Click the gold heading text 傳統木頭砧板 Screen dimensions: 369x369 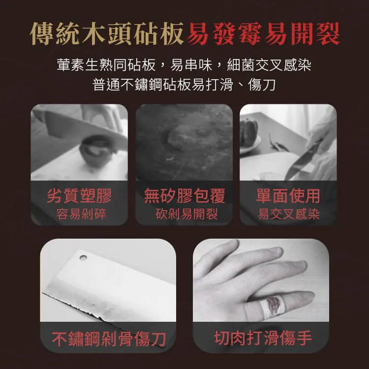point(107,33)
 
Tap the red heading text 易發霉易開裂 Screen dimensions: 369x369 point(263,33)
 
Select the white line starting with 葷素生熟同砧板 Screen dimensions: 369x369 point(184,65)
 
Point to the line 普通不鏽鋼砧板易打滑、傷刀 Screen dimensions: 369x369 point(184,85)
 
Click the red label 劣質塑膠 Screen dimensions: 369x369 point(79,196)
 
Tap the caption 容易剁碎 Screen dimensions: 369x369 point(81,214)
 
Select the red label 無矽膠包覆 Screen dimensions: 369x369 point(184,196)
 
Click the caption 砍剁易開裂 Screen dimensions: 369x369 point(186,214)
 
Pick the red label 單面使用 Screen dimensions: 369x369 point(288,196)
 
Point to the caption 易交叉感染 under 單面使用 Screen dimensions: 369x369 point(289,214)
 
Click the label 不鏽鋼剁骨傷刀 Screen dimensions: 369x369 point(109,339)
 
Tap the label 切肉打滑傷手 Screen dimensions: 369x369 point(263,338)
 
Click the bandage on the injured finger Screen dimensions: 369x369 point(273,305)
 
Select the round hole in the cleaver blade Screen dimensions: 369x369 point(83,257)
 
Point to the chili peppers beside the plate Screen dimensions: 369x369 point(277,144)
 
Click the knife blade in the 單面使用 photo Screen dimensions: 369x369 point(301,160)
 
